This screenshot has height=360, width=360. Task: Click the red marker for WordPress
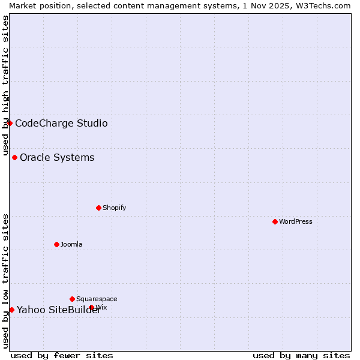[x=275, y=221]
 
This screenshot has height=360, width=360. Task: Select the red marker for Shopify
[x=98, y=208]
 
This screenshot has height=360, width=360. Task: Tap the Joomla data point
[x=56, y=244]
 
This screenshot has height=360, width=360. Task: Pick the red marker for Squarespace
[x=72, y=299]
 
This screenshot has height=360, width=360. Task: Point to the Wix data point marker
[x=92, y=307]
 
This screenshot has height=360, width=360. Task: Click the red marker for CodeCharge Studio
[x=10, y=123]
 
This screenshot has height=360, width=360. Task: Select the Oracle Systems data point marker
[x=14, y=157]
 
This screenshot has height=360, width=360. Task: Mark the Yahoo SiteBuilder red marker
[x=11, y=310]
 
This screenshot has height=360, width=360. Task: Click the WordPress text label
[x=296, y=221]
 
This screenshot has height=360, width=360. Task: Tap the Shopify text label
[x=114, y=208]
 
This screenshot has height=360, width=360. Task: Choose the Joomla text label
[x=71, y=244]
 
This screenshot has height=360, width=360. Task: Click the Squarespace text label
[x=97, y=299]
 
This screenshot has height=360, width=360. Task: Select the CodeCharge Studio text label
[x=61, y=124]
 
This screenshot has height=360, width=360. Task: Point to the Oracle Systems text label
[x=57, y=158]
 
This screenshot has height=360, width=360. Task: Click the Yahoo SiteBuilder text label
[x=59, y=310]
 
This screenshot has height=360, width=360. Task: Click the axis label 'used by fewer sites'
[x=62, y=355]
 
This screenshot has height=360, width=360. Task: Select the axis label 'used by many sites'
[x=301, y=355]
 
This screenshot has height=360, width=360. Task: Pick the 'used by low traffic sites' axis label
[x=5, y=281]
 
